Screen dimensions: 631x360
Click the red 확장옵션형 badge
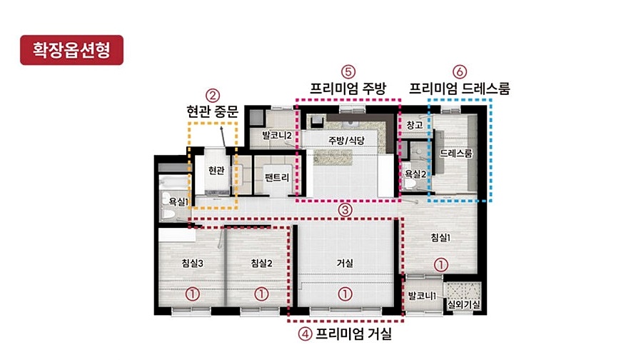[71, 50]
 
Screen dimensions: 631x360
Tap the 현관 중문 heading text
[213, 111]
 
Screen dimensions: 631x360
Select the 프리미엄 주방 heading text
[348, 88]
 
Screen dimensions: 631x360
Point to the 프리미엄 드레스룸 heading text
[460, 88]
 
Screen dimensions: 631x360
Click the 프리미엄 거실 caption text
[353, 334]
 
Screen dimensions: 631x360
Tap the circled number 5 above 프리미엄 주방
[348, 72]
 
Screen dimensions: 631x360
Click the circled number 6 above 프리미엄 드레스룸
[460, 72]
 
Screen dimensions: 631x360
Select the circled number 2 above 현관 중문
[213, 96]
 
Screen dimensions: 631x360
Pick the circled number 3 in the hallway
[345, 209]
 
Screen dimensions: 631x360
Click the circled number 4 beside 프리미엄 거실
[305, 334]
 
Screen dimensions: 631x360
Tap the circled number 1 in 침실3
[192, 294]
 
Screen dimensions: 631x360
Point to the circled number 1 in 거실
[345, 294]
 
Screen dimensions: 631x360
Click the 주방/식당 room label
[346, 141]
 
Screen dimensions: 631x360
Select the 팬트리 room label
[277, 177]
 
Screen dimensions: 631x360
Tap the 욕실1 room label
[178, 201]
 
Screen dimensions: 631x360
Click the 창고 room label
[415, 125]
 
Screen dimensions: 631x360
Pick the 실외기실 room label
[464, 304]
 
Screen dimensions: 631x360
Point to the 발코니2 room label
[276, 135]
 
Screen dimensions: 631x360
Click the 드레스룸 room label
[455, 154]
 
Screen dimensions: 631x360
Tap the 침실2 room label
[261, 264]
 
